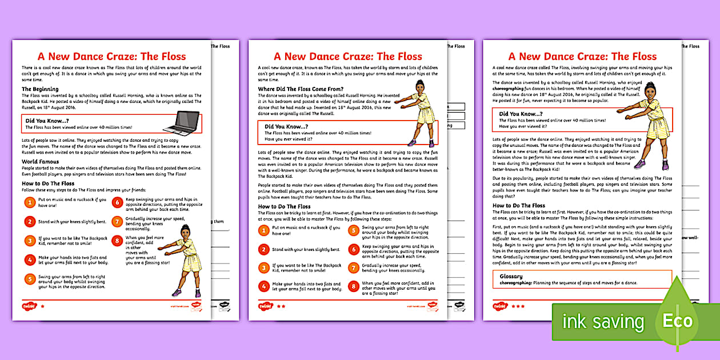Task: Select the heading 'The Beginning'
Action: (x=40, y=89)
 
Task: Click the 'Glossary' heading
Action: (x=511, y=276)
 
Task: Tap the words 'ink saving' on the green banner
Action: (x=603, y=321)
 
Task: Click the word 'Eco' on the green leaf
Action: (x=678, y=321)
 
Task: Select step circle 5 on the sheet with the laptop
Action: (x=30, y=279)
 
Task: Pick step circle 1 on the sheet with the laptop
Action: (x=30, y=202)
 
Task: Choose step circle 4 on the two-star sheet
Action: (x=263, y=286)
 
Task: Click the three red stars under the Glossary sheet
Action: (x=518, y=306)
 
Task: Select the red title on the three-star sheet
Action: (x=582, y=56)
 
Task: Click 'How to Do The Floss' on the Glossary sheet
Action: (x=519, y=205)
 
